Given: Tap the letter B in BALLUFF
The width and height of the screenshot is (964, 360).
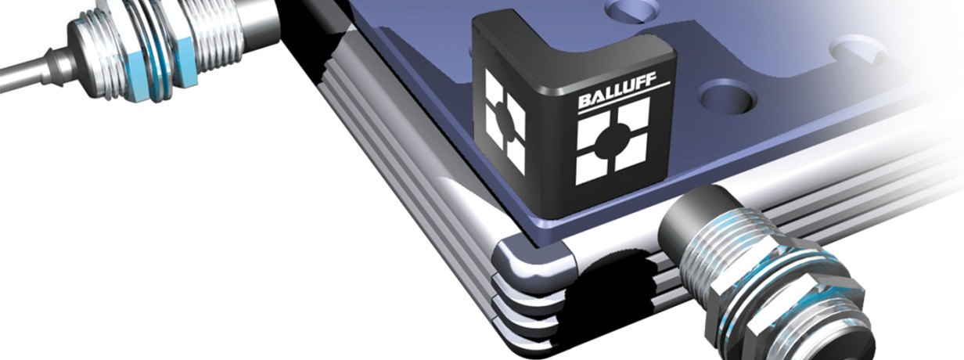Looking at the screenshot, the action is click(x=585, y=102).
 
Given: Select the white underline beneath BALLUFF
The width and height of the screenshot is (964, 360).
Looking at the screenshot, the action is click(x=624, y=98).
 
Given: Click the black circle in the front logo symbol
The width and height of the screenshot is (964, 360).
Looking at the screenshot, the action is click(x=613, y=141).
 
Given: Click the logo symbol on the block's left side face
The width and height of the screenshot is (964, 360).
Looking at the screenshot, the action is click(x=505, y=121).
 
